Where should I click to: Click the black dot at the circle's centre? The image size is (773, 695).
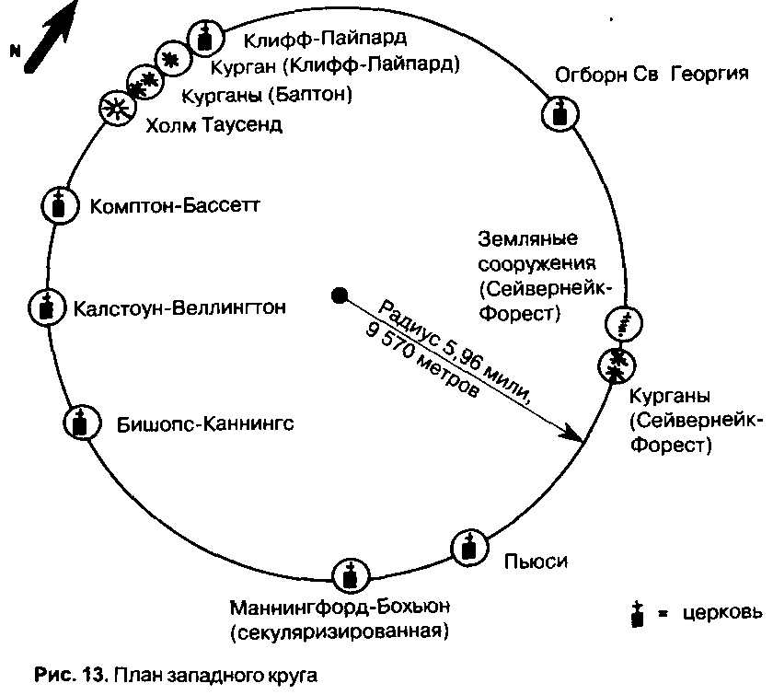pyautogui.click(x=339, y=295)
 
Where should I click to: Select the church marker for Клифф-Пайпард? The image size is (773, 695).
pyautogui.click(x=205, y=38)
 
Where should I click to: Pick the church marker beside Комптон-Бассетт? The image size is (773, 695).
pyautogui.click(x=59, y=203)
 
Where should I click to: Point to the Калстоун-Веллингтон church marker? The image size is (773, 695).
pyautogui.click(x=43, y=307)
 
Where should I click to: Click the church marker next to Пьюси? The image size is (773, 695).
pyautogui.click(x=468, y=549)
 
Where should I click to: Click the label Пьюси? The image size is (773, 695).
pyautogui.click(x=532, y=561)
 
